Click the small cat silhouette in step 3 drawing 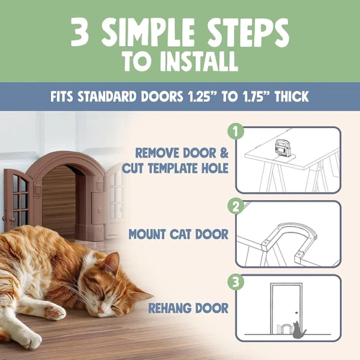coord(299,332)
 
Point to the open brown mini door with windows coord(17,197)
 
